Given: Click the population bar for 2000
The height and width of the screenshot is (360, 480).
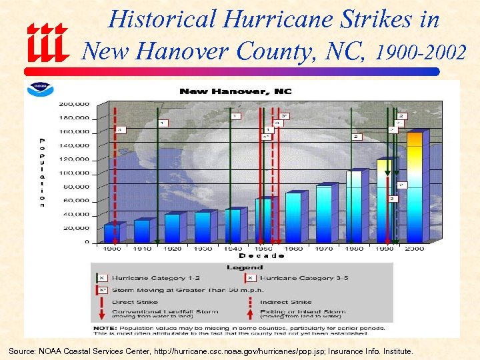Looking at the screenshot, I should pyautogui.click(x=415, y=187).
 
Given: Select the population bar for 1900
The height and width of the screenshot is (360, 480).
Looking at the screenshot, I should pyautogui.click(x=111, y=233).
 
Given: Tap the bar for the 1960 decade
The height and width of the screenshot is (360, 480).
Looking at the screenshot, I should pyautogui.click(x=293, y=217).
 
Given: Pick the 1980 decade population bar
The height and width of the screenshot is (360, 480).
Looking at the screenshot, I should pyautogui.click(x=354, y=206).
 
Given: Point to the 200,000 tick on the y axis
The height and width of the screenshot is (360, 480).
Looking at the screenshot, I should pyautogui.click(x=75, y=104).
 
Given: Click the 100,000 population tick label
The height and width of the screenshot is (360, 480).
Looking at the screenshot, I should pyautogui.click(x=75, y=173).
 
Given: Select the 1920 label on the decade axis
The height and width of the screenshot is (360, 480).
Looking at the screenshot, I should pyautogui.click(x=172, y=248).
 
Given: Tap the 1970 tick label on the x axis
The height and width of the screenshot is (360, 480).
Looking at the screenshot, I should pyautogui.click(x=323, y=248).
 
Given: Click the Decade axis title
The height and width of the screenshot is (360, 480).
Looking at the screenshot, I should pyautogui.click(x=261, y=255).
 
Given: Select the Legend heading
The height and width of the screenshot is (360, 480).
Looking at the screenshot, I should pyautogui.click(x=245, y=267).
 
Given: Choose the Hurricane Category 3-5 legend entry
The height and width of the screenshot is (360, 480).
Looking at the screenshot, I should pyautogui.click(x=299, y=278).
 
